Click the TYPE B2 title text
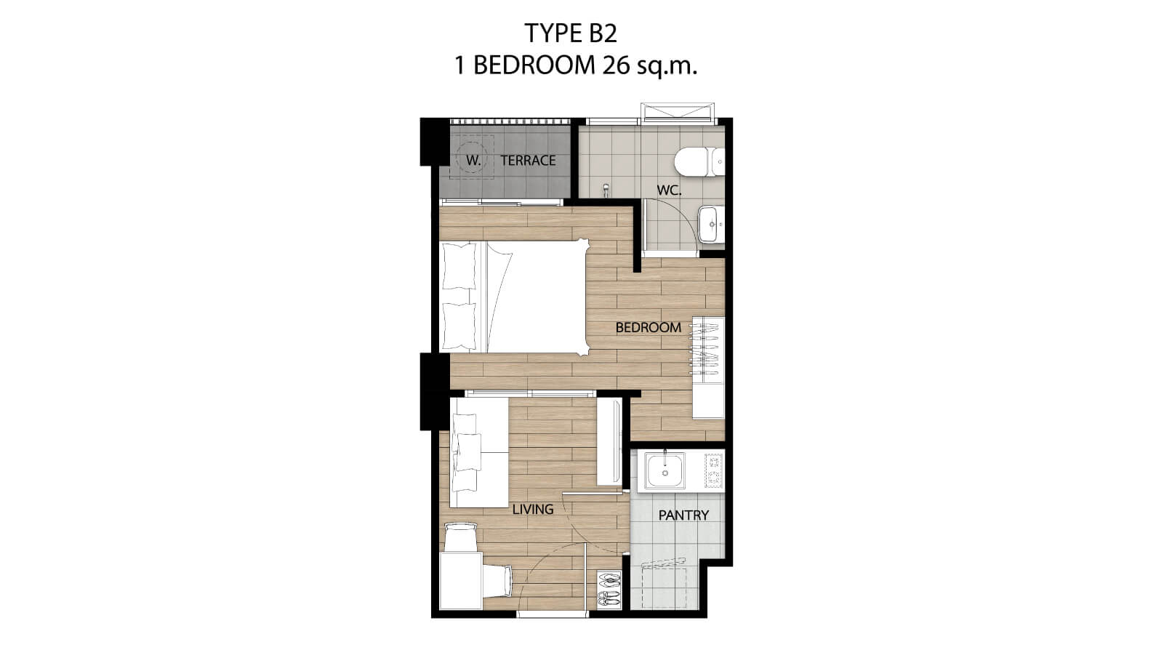pos(571,33)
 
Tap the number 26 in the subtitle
pos(615,65)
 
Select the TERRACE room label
pos(528,161)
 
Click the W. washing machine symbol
pos(472,158)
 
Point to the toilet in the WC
pos(699,161)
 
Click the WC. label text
pos(669,190)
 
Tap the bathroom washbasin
pos(711,225)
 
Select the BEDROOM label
pos(648,327)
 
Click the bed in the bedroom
pos(515,297)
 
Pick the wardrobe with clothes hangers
pos(708,367)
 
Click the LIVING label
pos(533,509)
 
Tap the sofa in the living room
pos(479,452)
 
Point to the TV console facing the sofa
pos(609,441)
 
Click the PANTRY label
pos(683,515)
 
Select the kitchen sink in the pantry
pos(665,471)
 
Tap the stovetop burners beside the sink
pos(713,470)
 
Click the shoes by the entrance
pos(609,589)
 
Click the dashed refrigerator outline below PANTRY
pos(664,587)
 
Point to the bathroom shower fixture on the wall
pos(606,190)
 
